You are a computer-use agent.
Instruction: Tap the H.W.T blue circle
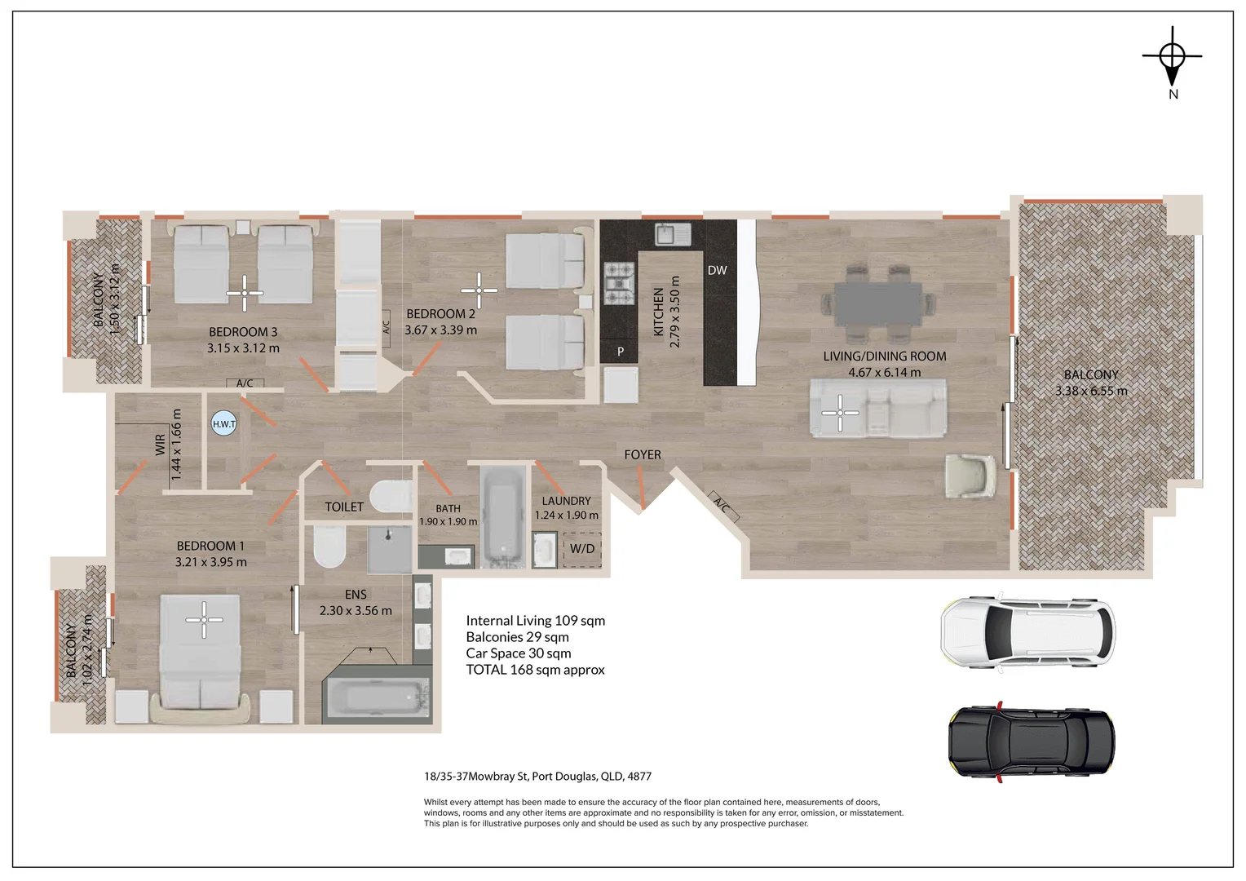coord(224,424)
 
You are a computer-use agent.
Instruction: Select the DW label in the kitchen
coord(717,271)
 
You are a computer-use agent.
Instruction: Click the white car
coord(1028,634)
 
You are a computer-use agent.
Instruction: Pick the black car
coord(1032,742)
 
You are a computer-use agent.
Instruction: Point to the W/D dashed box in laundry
coord(582,550)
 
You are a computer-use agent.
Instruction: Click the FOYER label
coord(643,455)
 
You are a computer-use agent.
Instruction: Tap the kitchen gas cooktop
coord(620,285)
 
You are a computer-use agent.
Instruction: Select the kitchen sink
coord(673,234)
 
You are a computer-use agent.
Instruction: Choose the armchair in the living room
coord(970,476)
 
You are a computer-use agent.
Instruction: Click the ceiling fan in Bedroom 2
coord(479,290)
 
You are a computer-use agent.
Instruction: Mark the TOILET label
coord(344,507)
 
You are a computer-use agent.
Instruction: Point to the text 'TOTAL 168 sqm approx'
coord(535,670)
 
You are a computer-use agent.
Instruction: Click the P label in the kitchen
coord(621,352)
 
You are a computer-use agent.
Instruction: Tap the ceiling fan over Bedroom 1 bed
coord(204,620)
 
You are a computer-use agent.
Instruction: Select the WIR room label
coord(160,445)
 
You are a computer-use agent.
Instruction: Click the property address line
coord(537,777)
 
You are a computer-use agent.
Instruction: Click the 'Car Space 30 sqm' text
coord(519,653)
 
